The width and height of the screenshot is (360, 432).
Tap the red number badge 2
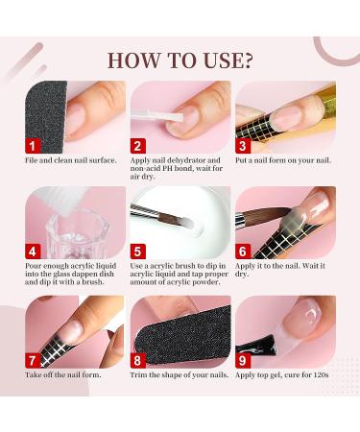[x=138, y=145]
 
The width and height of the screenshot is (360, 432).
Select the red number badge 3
[x=244, y=145]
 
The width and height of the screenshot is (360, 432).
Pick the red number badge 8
[x=138, y=360]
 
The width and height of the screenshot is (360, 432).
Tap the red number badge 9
[x=244, y=360]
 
